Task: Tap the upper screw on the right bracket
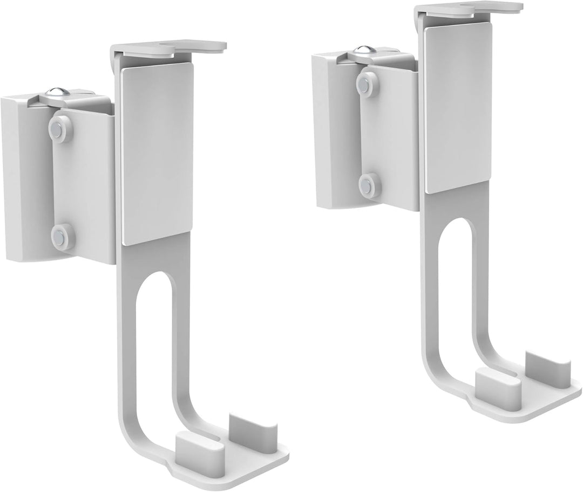click(365, 82)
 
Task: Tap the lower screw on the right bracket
click(369, 185)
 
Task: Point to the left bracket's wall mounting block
click(22, 172)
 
